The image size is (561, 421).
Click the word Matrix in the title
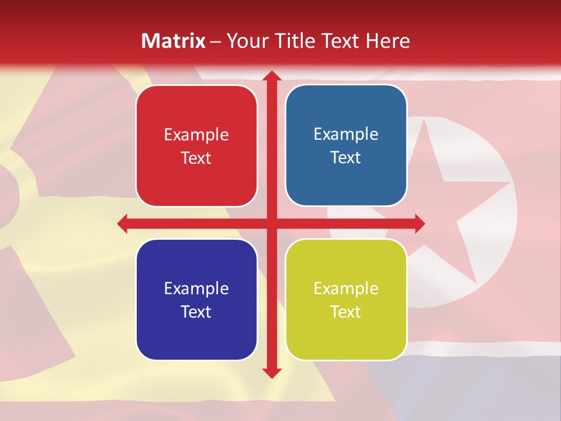coord(174,41)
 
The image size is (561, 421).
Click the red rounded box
coord(196,146)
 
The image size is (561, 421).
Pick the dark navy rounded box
coord(196,299)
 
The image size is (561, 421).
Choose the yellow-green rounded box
coord(346,299)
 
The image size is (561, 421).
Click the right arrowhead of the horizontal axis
coord(419,223)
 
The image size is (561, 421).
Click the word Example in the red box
coord(196,135)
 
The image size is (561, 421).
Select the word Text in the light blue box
coord(346,157)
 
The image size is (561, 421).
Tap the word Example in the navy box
coord(196,289)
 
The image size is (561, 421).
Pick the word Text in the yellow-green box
coord(346,312)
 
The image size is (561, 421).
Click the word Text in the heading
coord(340,41)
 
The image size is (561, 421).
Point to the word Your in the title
coord(245,41)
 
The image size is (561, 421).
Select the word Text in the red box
coord(196,158)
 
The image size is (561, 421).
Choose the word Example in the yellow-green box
coord(346,289)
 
